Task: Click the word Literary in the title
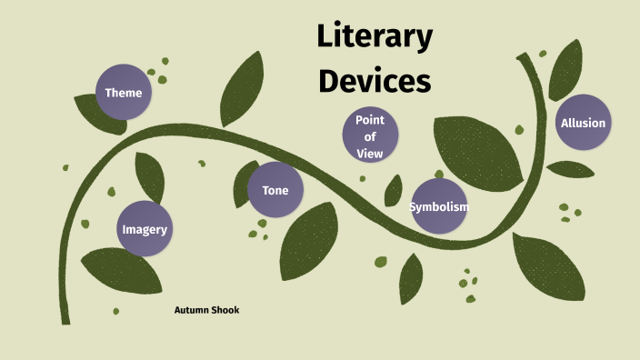point(374,38)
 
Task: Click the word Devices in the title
point(374,81)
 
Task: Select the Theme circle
point(124,93)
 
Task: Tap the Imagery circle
point(145,229)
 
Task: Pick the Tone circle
point(275,190)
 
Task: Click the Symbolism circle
point(439,206)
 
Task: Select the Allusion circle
point(583,123)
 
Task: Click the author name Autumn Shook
point(206,310)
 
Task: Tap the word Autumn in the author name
point(192,310)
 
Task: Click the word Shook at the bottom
point(225,310)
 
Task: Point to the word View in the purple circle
point(370,154)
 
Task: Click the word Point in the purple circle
point(370,119)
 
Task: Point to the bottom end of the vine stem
point(65,319)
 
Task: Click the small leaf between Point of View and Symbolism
point(394,191)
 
